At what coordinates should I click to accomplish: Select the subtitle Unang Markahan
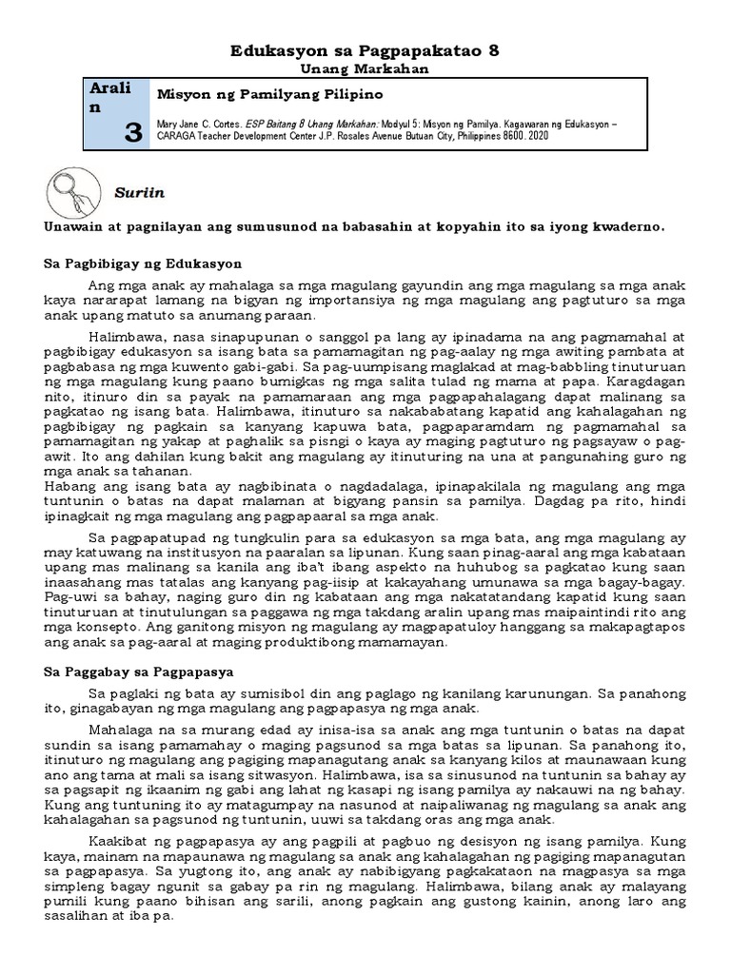coord(365,69)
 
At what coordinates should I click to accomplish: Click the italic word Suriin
coord(140,193)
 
